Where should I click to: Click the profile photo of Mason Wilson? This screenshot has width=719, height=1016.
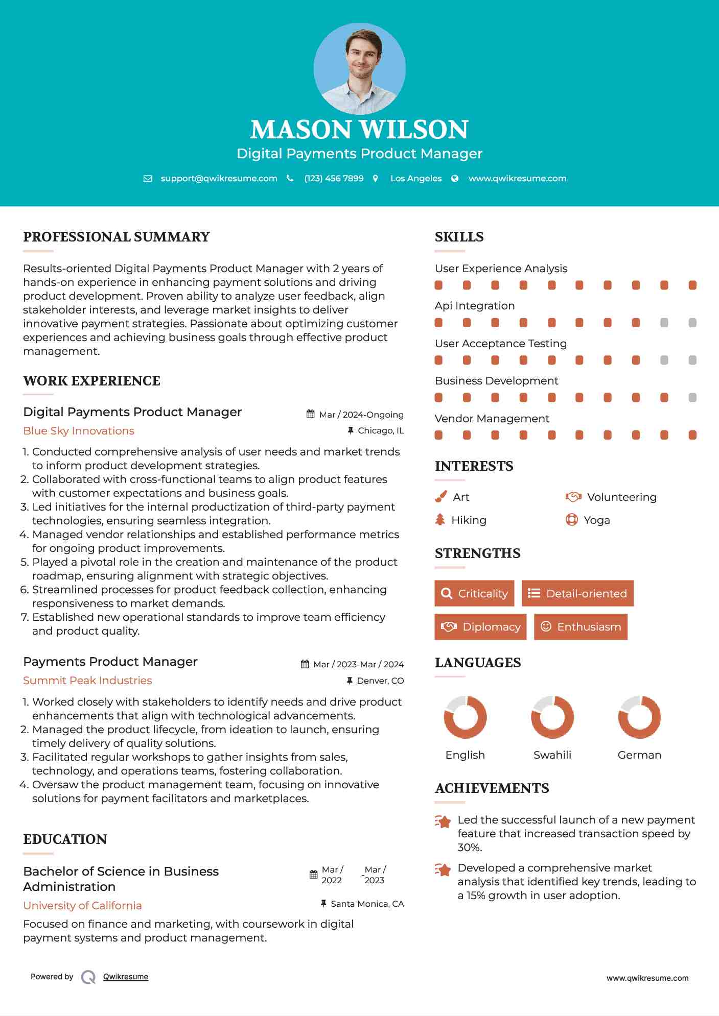tap(359, 68)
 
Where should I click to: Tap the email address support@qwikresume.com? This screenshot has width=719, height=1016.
tap(219, 178)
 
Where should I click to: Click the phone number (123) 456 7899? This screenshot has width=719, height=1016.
tap(334, 178)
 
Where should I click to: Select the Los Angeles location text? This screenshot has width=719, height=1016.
tap(415, 178)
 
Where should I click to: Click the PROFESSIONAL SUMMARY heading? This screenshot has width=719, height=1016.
tap(117, 237)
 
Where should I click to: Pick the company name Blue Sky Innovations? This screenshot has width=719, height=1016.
tap(79, 431)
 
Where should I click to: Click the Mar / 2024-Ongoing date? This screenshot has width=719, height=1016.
tap(361, 415)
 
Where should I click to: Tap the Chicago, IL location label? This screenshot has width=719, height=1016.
tap(380, 431)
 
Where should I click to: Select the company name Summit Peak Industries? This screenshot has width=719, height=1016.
tap(87, 681)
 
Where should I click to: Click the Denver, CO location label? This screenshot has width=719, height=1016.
tap(380, 681)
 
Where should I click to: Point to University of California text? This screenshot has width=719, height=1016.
tap(82, 906)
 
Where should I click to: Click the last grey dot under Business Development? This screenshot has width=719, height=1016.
tap(692, 398)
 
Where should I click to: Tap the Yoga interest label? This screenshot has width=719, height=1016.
tap(596, 520)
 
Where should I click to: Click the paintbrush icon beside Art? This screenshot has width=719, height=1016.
tap(440, 497)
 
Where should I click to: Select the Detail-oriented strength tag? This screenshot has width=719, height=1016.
tap(577, 593)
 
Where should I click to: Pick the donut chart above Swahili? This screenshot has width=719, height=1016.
tap(552, 717)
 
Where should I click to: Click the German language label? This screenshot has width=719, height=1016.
tap(639, 755)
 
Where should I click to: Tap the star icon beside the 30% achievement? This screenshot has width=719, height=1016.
tap(443, 821)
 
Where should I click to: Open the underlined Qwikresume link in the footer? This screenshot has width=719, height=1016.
tap(126, 977)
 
